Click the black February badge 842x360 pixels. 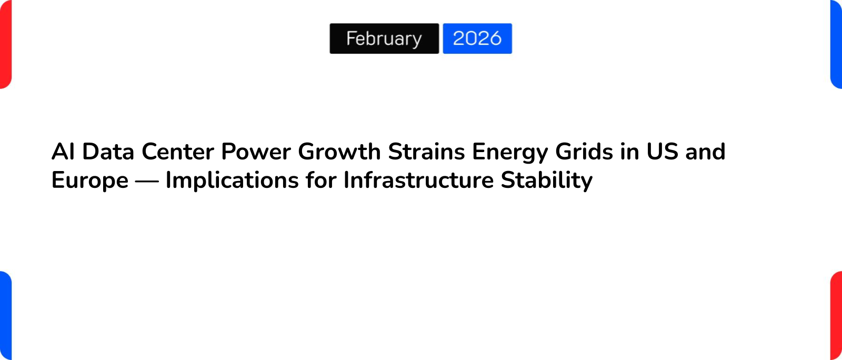[384, 38]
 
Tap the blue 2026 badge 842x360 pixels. [477, 38]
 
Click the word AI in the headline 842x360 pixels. [63, 152]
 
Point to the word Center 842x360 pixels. [178, 152]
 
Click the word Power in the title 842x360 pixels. [256, 152]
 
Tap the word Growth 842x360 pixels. [339, 152]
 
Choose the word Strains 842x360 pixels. [426, 152]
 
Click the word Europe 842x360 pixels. [90, 181]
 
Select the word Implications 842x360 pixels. [232, 181]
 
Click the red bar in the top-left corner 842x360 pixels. [5, 44]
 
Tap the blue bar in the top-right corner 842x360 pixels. [836, 44]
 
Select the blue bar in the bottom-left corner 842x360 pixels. [5, 316]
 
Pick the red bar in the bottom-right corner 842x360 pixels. [836, 316]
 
